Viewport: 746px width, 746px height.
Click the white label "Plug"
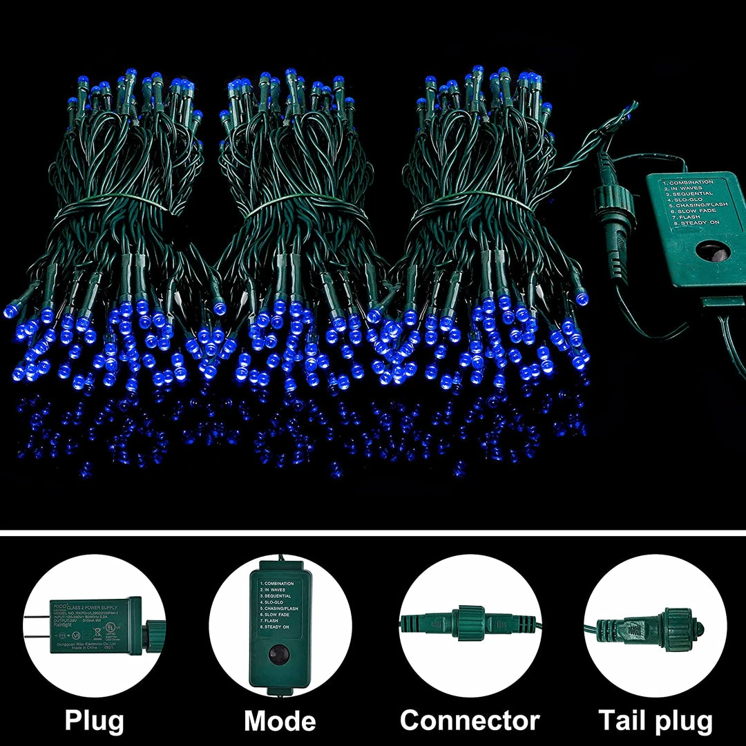[x=95, y=720]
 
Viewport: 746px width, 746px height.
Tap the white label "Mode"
[x=280, y=720]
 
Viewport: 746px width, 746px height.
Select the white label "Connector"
[x=470, y=720]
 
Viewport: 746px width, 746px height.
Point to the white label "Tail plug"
[x=655, y=720]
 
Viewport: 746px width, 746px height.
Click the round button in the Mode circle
[x=279, y=653]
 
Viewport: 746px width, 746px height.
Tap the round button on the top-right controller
[x=711, y=251]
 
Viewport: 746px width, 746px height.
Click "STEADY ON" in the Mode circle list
[x=276, y=627]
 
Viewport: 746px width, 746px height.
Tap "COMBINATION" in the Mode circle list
[x=278, y=584]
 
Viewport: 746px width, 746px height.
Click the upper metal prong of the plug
[x=37, y=617]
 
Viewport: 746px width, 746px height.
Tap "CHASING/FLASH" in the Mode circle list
[x=281, y=609]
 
